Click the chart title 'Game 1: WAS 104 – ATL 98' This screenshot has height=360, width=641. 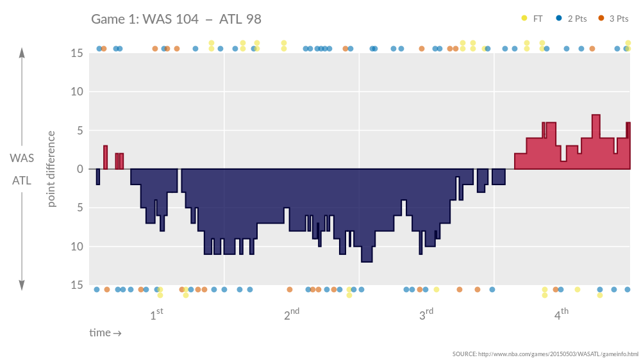(176, 19)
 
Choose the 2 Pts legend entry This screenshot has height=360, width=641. (572, 19)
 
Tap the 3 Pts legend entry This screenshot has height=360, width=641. (613, 19)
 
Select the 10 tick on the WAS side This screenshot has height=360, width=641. (77, 92)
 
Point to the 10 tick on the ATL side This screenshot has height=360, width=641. (77, 247)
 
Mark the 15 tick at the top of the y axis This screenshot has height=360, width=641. (77, 53)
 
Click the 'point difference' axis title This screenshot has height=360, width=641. (52, 169)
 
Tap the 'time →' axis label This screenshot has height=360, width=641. (105, 333)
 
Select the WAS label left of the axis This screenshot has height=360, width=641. (22, 158)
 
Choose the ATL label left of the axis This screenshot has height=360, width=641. (22, 181)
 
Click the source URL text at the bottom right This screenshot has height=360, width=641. (545, 354)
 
